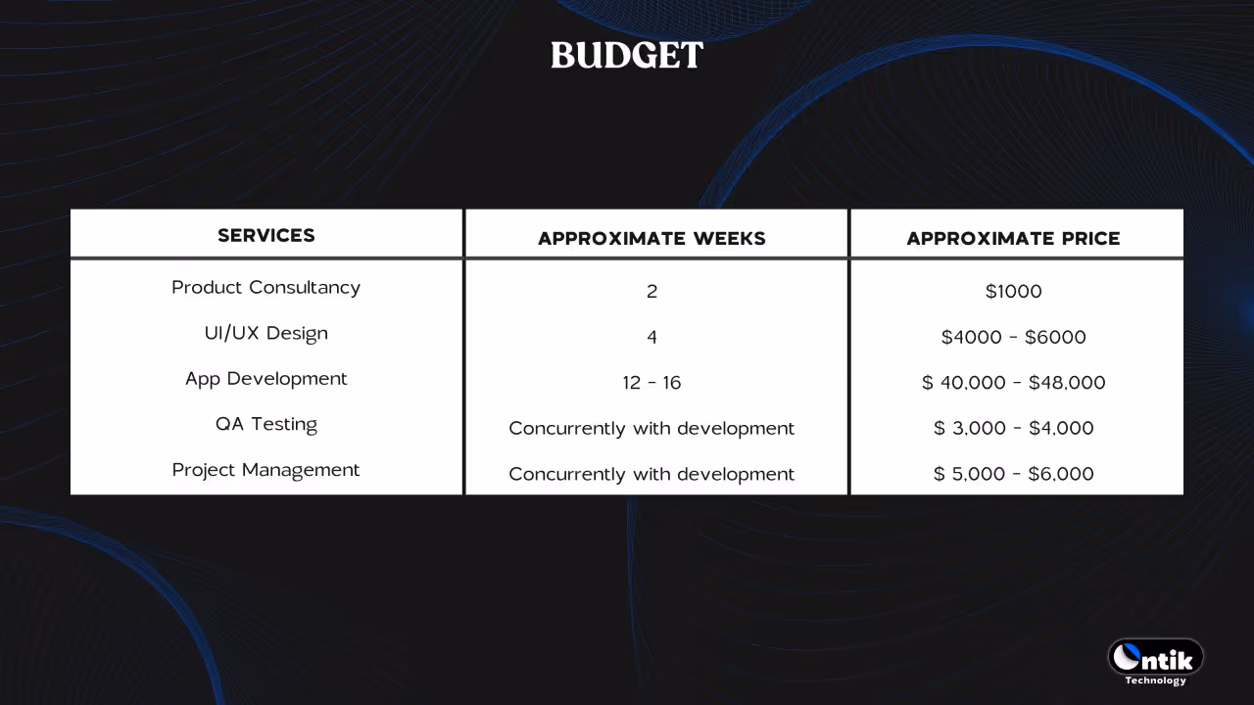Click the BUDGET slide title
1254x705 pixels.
point(627,56)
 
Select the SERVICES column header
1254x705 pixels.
point(266,235)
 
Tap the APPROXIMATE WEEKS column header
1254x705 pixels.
point(651,238)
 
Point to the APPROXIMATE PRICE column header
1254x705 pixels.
point(1013,238)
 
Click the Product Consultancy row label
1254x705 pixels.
point(266,287)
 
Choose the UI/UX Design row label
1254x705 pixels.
point(266,333)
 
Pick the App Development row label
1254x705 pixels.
point(266,378)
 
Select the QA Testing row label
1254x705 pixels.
point(266,424)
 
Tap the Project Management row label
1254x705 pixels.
point(266,470)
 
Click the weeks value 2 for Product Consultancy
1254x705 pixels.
point(651,291)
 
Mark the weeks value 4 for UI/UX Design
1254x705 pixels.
point(651,337)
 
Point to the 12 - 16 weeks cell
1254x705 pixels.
point(651,383)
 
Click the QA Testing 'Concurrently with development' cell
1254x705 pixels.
point(651,428)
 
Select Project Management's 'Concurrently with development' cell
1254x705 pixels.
point(651,474)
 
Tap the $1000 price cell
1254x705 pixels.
point(1013,291)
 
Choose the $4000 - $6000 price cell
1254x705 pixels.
point(1013,337)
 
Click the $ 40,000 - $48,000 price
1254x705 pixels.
point(1013,383)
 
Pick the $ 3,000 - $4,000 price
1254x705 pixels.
point(1013,428)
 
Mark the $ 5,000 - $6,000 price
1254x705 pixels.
point(1013,474)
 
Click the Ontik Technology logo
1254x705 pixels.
point(1156,661)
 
